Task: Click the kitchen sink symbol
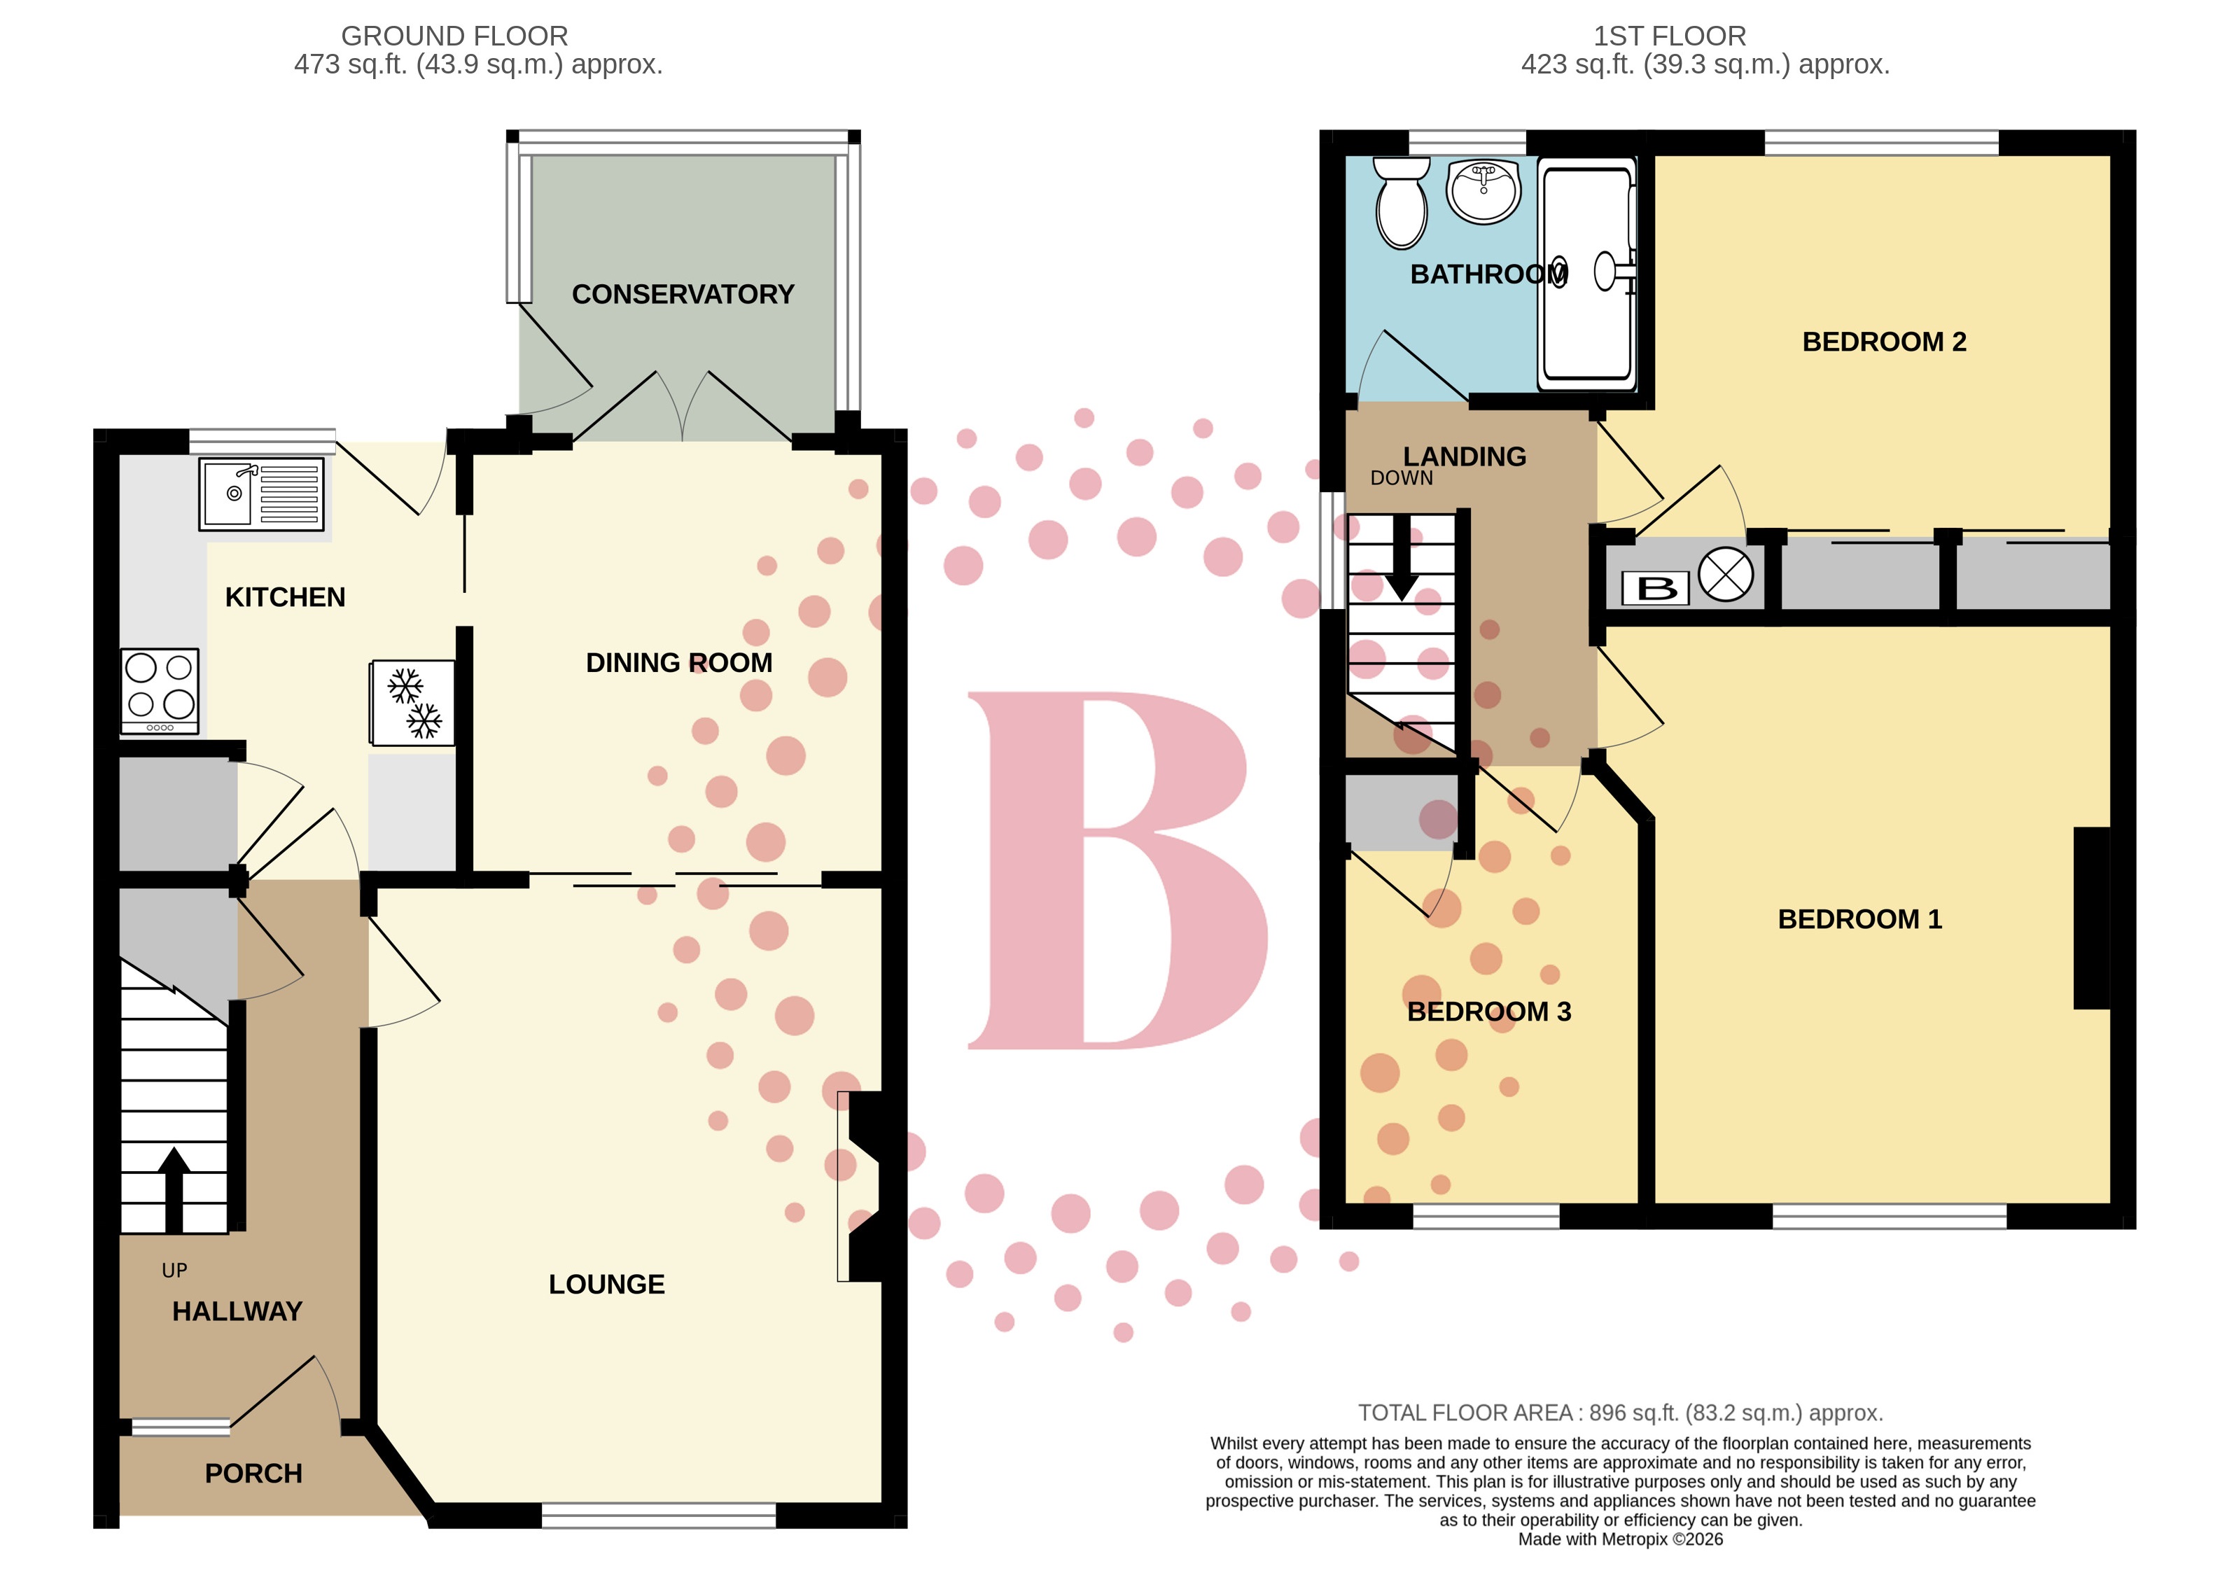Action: (260, 494)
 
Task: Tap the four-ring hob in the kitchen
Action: (160, 690)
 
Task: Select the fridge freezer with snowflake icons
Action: (412, 702)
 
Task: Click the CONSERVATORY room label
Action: (682, 294)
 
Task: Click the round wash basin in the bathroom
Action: (1483, 190)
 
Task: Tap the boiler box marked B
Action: (1656, 587)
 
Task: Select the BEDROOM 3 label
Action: (1488, 1011)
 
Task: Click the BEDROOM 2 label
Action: (1883, 342)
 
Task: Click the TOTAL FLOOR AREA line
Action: (1619, 1412)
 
